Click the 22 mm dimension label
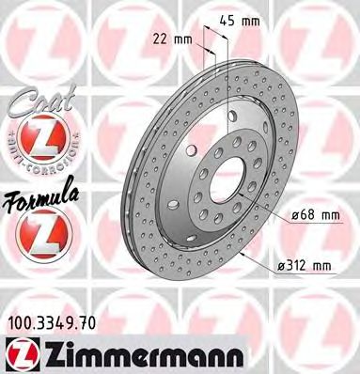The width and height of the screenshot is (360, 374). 169,39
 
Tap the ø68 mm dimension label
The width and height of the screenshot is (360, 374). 313,215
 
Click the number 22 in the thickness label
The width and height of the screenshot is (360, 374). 161,39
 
